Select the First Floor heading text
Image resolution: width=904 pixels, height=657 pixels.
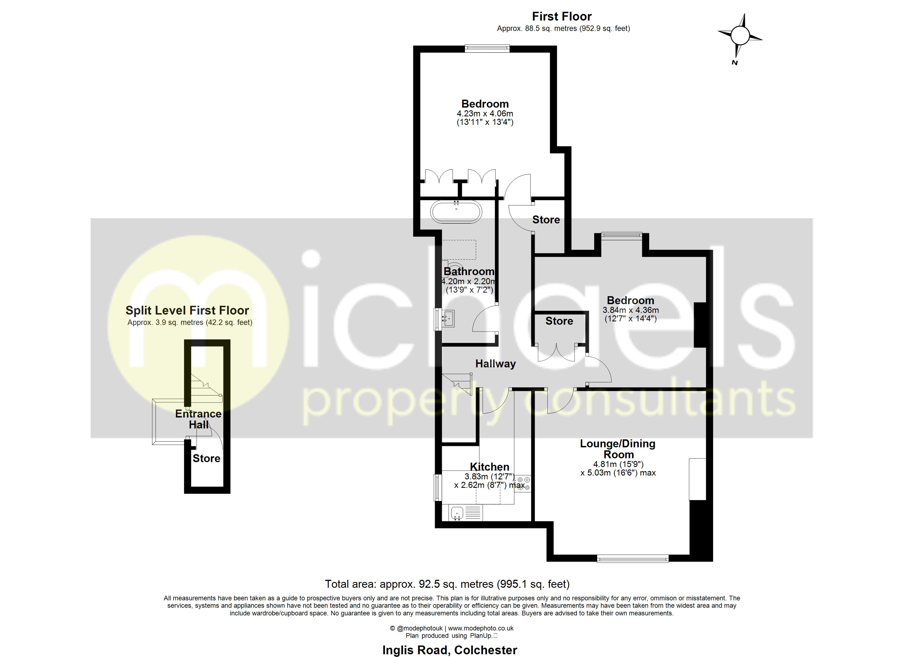(x=562, y=16)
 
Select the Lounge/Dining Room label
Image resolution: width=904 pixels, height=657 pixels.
(x=617, y=449)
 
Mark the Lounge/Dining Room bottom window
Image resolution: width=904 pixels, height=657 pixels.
(x=633, y=559)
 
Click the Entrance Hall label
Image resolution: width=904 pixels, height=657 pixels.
(x=198, y=419)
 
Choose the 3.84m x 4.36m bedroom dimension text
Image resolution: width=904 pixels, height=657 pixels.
(x=630, y=310)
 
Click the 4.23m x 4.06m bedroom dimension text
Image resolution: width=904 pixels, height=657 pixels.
(x=485, y=114)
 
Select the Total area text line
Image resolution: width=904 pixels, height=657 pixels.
(x=447, y=584)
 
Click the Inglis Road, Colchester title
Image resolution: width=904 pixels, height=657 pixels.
(x=450, y=650)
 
